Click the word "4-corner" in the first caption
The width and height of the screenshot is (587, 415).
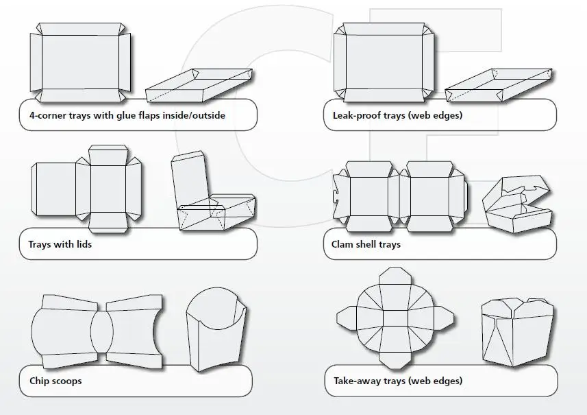tap(43, 115)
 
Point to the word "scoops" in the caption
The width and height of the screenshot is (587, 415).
tap(66, 380)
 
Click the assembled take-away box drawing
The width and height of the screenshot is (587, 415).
tap(511, 332)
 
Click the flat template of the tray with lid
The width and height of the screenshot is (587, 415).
tap(87, 186)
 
